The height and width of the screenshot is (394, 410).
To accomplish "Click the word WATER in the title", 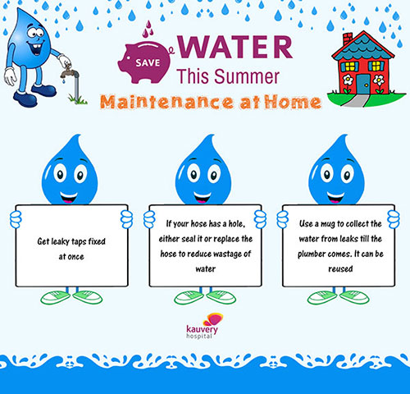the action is click(x=235, y=47).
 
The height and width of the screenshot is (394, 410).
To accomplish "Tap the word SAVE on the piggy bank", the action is click(x=148, y=63).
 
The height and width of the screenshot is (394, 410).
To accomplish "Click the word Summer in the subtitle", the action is click(x=247, y=76).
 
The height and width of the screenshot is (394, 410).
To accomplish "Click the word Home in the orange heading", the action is click(x=293, y=102).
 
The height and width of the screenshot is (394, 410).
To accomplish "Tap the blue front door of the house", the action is click(x=363, y=84).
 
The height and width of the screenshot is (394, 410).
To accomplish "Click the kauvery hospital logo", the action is click(x=204, y=326).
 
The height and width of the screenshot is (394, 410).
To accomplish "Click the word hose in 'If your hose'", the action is click(x=198, y=224).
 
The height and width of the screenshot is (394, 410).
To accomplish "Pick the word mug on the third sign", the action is click(x=327, y=224).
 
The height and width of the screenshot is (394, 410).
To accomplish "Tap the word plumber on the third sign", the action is click(x=312, y=254).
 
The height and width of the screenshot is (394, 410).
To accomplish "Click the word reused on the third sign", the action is click(x=340, y=269).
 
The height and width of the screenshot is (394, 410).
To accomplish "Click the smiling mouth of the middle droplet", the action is click(x=203, y=197).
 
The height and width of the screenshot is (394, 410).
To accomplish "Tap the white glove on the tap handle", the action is click(x=65, y=61).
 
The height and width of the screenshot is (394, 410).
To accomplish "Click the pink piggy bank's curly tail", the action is click(x=171, y=50).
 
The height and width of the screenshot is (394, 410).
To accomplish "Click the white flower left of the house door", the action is click(x=348, y=80).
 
